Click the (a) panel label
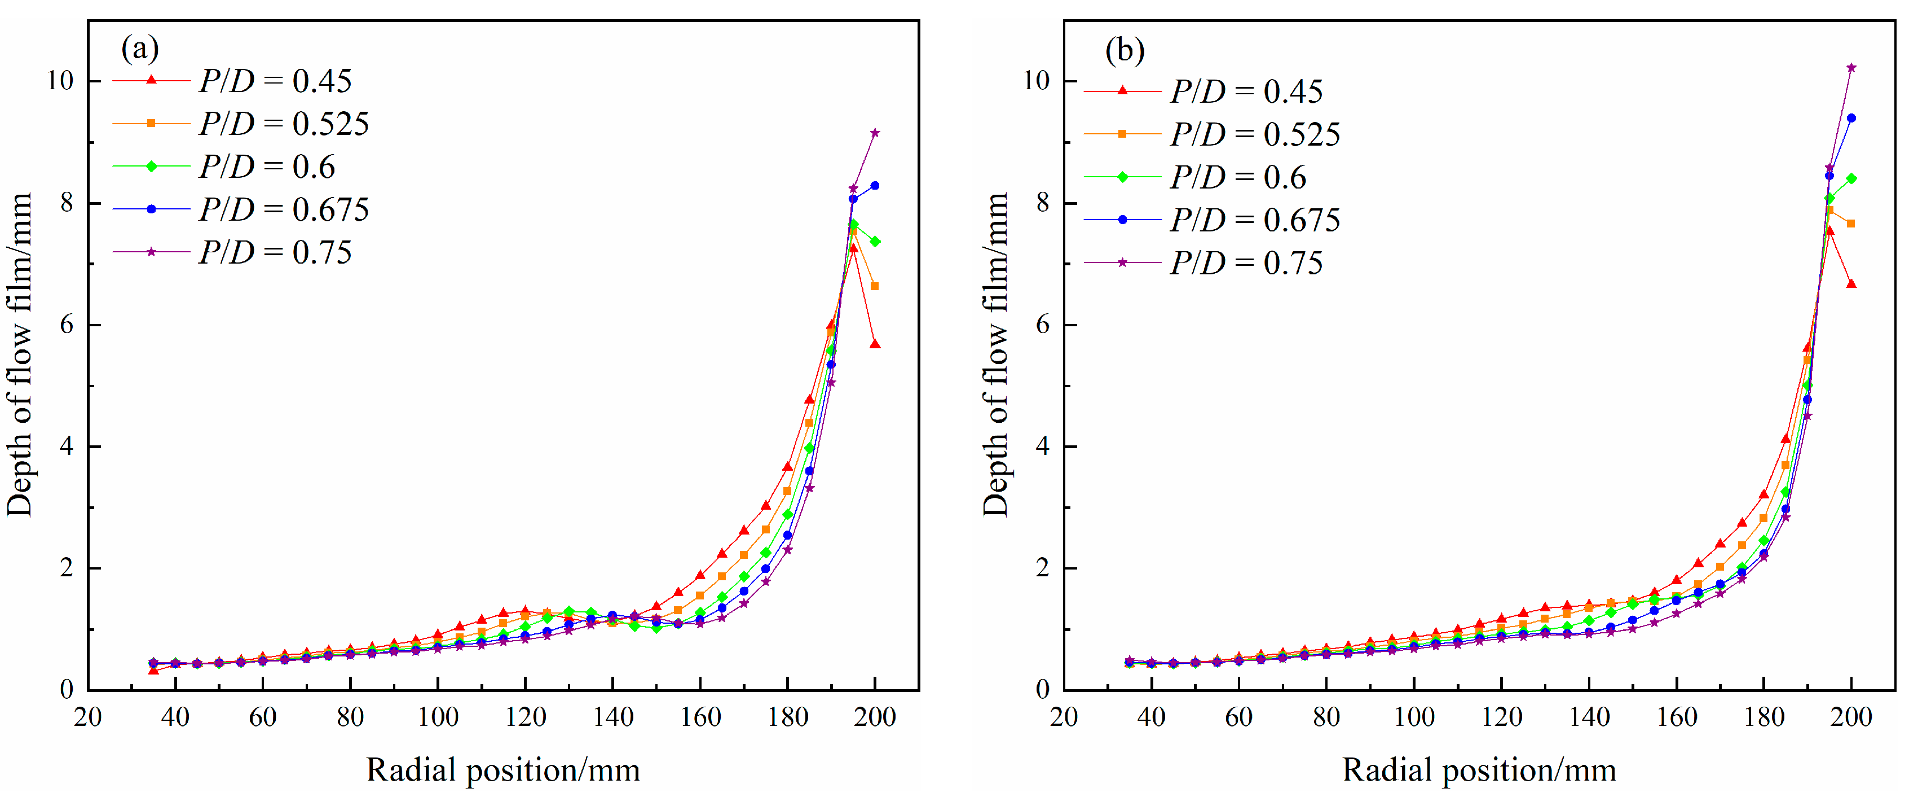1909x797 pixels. [x=140, y=49]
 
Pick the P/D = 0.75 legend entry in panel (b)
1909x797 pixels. [x=1203, y=263]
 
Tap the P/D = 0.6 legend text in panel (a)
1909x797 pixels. [x=267, y=167]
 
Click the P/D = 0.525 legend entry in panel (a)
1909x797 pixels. [x=241, y=124]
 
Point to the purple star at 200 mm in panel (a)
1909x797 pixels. [x=875, y=133]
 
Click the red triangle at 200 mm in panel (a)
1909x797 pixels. [x=875, y=344]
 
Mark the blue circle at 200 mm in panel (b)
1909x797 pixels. [x=1851, y=118]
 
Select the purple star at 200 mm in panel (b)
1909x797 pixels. [x=1851, y=68]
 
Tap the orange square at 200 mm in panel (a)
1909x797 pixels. [x=875, y=286]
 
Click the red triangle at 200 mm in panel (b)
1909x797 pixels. [x=1851, y=284]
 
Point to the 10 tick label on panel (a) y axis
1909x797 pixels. [x=61, y=81]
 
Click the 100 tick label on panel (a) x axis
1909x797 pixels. [x=437, y=717]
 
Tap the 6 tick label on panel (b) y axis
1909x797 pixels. [x=1043, y=325]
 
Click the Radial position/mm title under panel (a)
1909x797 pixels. [x=503, y=770]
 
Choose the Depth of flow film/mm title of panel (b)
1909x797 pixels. [x=995, y=354]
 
